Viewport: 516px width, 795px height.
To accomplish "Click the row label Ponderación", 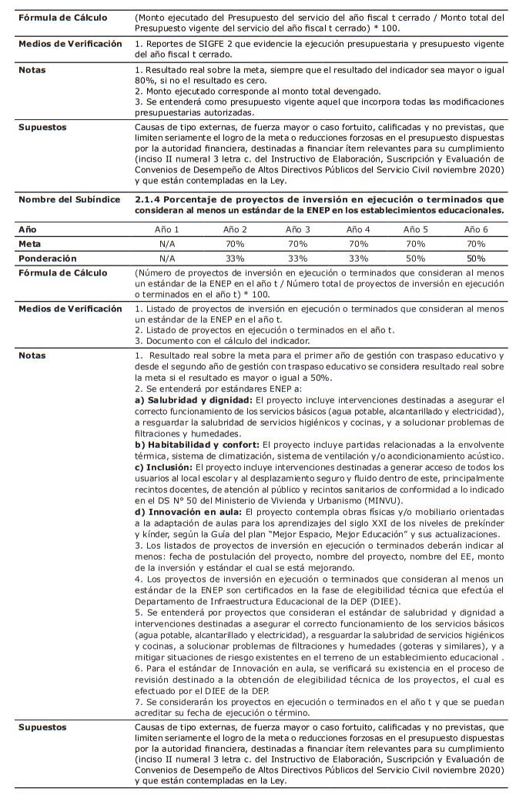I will tap(48, 258).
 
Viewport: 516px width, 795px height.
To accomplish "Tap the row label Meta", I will tap(31, 243).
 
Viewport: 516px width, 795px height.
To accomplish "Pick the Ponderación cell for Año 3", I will tap(297, 258).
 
